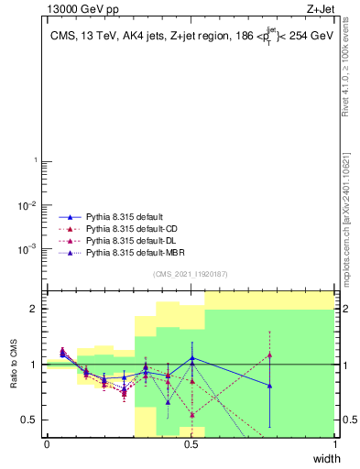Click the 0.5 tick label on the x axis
click(x=191, y=445)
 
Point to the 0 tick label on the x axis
click(x=47, y=445)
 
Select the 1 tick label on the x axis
click(x=335, y=445)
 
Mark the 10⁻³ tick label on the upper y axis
click(x=27, y=248)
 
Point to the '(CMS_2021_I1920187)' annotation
click(x=191, y=274)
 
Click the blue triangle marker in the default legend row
click(x=64, y=218)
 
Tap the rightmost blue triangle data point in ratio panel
click(x=269, y=386)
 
